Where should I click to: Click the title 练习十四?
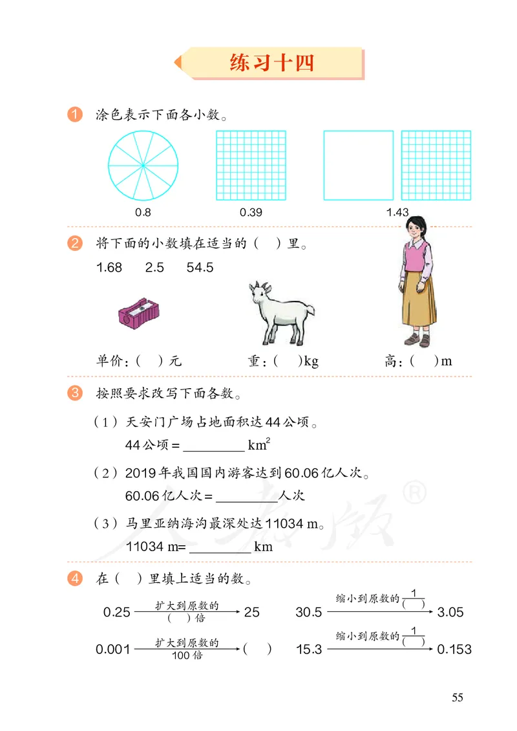[x=271, y=63]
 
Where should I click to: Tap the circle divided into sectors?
[x=143, y=165]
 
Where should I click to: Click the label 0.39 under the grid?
[x=251, y=212]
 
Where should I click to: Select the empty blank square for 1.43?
[x=358, y=166]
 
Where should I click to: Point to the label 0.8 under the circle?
[x=143, y=212]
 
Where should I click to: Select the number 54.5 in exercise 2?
[x=200, y=268]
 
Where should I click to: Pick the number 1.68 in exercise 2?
[x=109, y=268]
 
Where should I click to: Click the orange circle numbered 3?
[x=75, y=393]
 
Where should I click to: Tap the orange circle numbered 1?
[x=75, y=116]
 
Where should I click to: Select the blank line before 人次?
[x=246, y=497]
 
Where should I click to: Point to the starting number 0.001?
[x=113, y=649]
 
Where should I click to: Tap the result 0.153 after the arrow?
[x=454, y=649]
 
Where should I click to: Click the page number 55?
[x=457, y=698]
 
